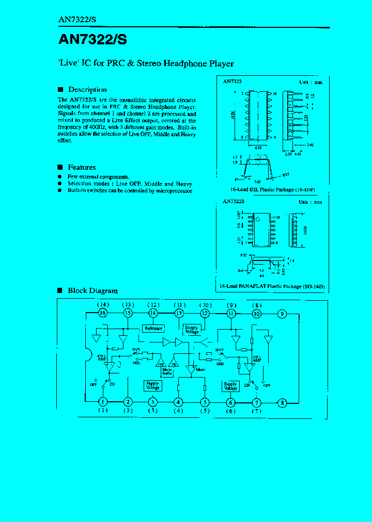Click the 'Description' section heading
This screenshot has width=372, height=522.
(87, 89)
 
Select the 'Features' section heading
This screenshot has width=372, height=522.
(82, 167)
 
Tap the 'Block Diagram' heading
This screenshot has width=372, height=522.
(92, 290)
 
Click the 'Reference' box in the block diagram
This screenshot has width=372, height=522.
(153, 328)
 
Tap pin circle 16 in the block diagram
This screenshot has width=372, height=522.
(103, 313)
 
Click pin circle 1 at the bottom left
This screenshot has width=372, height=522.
(103, 402)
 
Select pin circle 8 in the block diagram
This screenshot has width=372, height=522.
(282, 402)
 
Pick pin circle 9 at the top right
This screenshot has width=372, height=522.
(282, 313)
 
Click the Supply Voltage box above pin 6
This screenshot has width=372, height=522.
(230, 386)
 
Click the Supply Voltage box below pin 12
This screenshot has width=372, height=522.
(192, 330)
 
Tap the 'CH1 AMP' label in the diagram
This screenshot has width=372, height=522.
(102, 358)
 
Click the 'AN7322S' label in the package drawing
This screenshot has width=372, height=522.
(234, 203)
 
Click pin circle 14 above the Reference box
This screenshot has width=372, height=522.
(153, 313)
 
